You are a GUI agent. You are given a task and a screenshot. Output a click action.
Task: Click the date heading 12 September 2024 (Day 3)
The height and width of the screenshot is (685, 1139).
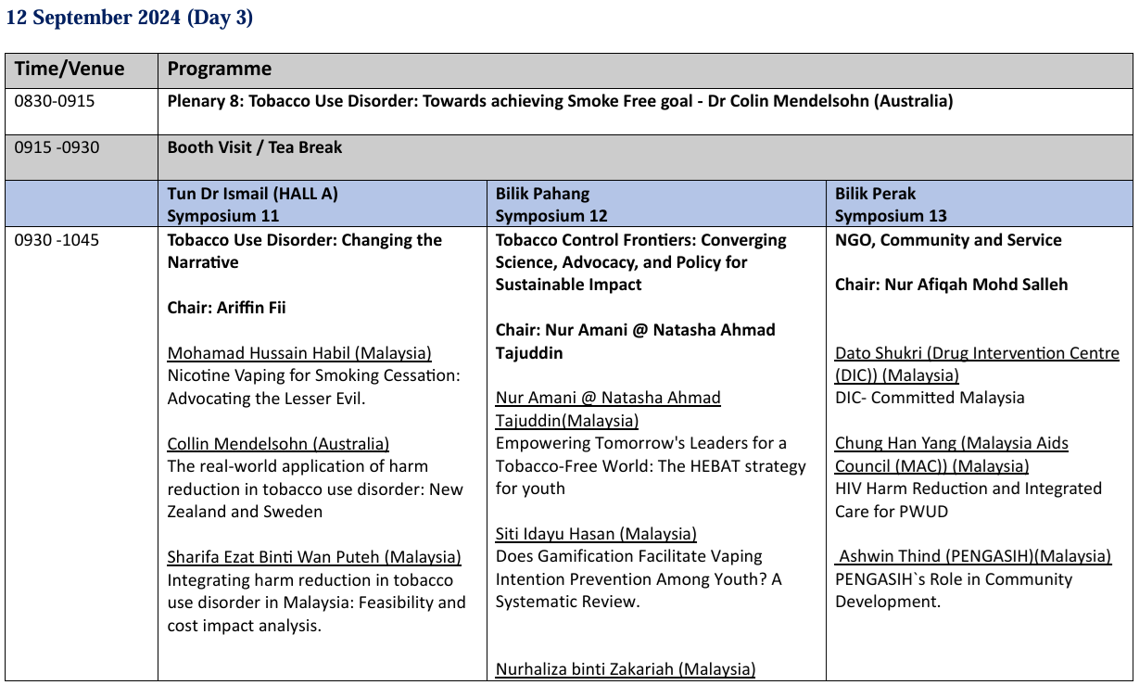pos(129,18)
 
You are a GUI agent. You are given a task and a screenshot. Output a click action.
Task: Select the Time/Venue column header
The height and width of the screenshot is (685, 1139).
pos(69,70)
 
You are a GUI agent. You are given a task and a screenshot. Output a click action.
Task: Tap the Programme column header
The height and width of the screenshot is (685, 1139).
pos(220,70)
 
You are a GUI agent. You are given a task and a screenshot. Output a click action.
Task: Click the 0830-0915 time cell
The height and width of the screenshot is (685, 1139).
pos(55,101)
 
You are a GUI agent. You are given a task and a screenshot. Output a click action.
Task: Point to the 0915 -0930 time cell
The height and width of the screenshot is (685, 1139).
pos(57,147)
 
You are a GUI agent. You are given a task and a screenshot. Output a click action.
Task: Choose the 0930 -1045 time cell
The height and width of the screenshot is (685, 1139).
pos(57,240)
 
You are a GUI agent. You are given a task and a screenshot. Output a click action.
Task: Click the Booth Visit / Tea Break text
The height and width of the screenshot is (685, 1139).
pos(255,147)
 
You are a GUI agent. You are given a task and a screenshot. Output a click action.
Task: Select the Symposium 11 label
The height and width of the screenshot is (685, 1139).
pos(223,216)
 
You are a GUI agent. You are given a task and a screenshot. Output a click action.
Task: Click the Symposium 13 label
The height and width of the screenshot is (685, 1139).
pos(891,216)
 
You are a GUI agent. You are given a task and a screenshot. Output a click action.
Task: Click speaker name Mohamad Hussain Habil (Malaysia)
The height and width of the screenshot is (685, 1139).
pos(299,353)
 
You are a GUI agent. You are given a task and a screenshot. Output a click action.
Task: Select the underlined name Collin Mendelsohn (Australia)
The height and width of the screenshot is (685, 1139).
pos(278,444)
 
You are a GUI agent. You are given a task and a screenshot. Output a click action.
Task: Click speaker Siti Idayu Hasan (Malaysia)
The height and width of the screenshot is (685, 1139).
pos(596,534)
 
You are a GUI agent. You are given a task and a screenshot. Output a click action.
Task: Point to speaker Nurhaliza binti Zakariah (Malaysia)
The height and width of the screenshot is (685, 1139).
pos(626,669)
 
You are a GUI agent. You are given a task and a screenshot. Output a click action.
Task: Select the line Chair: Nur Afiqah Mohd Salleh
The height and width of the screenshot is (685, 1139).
pos(951,285)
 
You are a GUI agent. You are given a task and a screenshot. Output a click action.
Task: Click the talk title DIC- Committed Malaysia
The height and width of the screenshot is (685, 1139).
pos(930,398)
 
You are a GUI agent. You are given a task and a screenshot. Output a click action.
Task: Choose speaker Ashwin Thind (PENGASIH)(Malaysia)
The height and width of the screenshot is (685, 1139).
pos(974,556)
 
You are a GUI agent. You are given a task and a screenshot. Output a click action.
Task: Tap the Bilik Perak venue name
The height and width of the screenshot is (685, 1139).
pos(875,194)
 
